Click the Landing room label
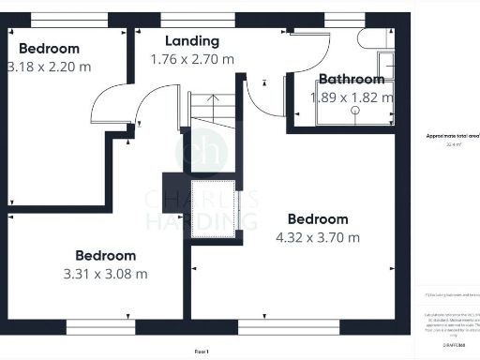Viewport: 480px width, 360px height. (x=192, y=41)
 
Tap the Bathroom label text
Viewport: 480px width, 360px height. (x=352, y=80)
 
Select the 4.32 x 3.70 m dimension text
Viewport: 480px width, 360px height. (x=318, y=238)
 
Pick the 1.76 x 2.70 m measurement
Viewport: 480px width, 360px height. (x=192, y=59)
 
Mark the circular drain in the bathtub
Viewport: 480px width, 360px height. (x=356, y=111)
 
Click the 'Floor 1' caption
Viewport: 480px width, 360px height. (x=201, y=351)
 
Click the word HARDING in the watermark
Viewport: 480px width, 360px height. (x=202, y=221)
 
